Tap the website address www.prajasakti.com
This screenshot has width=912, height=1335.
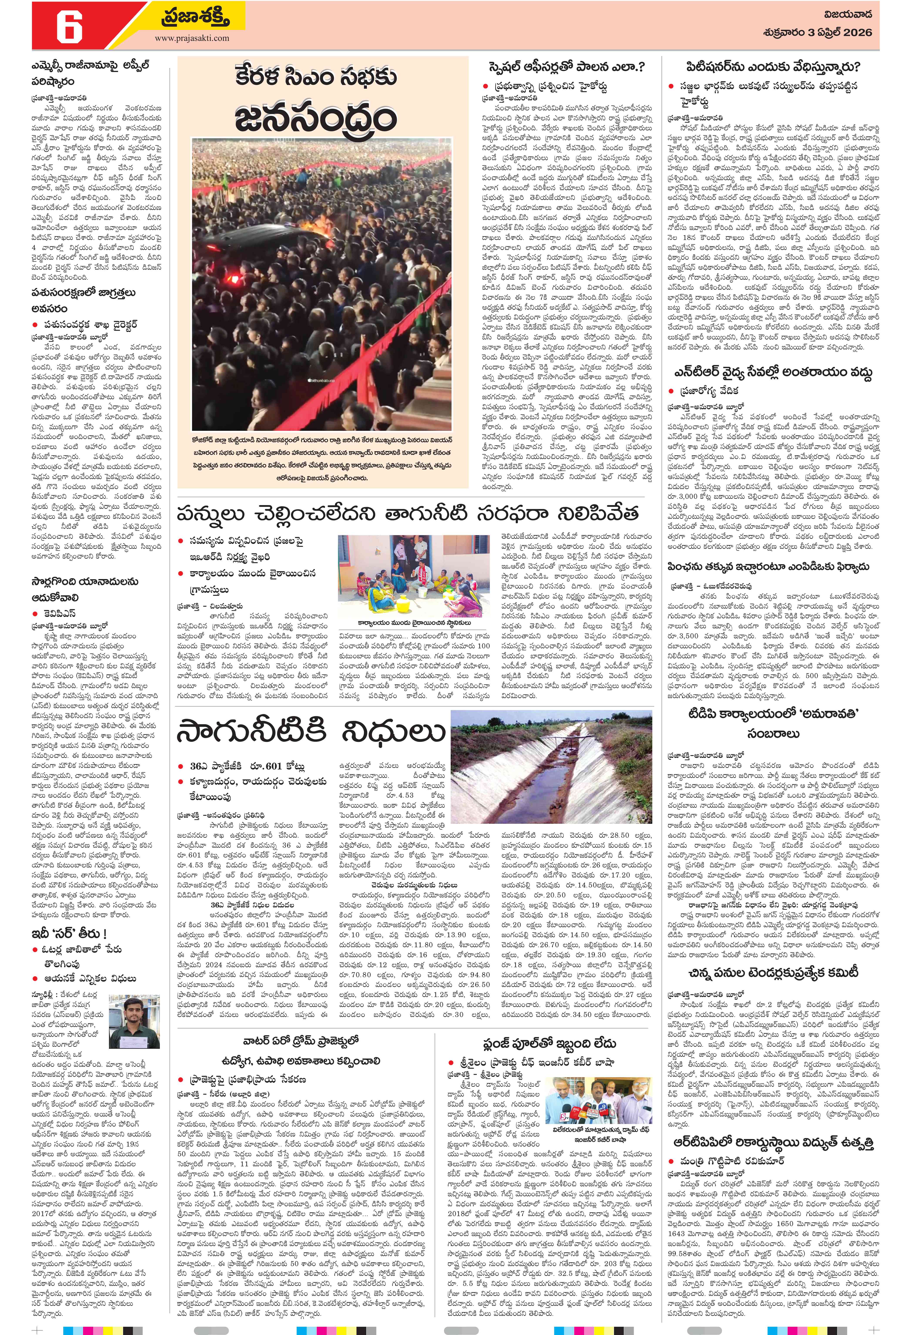tap(192, 38)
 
